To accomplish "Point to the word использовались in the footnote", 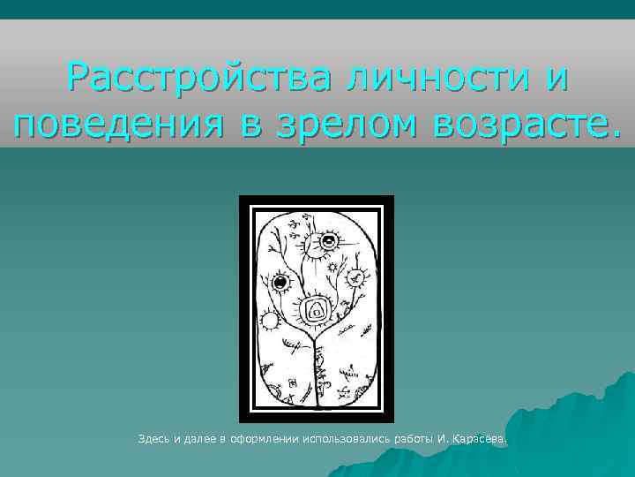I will coord(346,438).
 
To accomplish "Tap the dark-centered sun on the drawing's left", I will coord(281,284).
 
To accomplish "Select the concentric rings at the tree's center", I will coord(316,310).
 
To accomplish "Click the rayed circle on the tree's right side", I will coord(357,277).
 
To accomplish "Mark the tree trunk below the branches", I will coord(315,371).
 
